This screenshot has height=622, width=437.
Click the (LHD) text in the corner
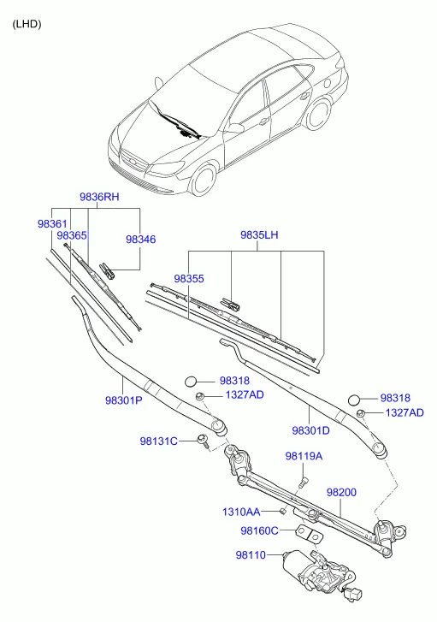(27, 24)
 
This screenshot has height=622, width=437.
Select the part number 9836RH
(99, 197)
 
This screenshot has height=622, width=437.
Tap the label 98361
(52, 223)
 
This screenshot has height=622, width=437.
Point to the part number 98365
(71, 235)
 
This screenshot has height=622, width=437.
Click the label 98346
(141, 240)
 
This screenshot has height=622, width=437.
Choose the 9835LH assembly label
(259, 234)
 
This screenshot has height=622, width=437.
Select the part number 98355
(189, 278)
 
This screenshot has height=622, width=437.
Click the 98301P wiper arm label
(123, 400)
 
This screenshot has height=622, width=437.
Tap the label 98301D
(311, 430)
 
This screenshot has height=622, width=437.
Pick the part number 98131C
(158, 441)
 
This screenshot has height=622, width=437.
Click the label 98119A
(304, 456)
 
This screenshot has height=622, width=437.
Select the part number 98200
(341, 492)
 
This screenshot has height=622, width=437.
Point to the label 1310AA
(241, 512)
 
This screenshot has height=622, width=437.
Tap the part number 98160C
(259, 530)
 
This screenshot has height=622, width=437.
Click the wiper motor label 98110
(251, 554)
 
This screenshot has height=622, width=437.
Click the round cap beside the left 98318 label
(191, 382)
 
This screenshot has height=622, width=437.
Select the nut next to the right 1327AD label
(361, 412)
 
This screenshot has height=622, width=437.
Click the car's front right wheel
(204, 181)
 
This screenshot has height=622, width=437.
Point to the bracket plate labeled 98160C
(310, 534)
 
